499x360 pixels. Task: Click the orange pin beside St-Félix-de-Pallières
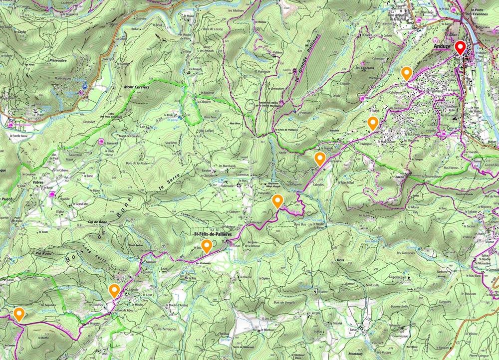pos(206,245)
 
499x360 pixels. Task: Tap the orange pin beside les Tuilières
pos(114,290)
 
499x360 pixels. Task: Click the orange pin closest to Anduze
pos(407,73)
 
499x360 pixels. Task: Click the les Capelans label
pos(365,68)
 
